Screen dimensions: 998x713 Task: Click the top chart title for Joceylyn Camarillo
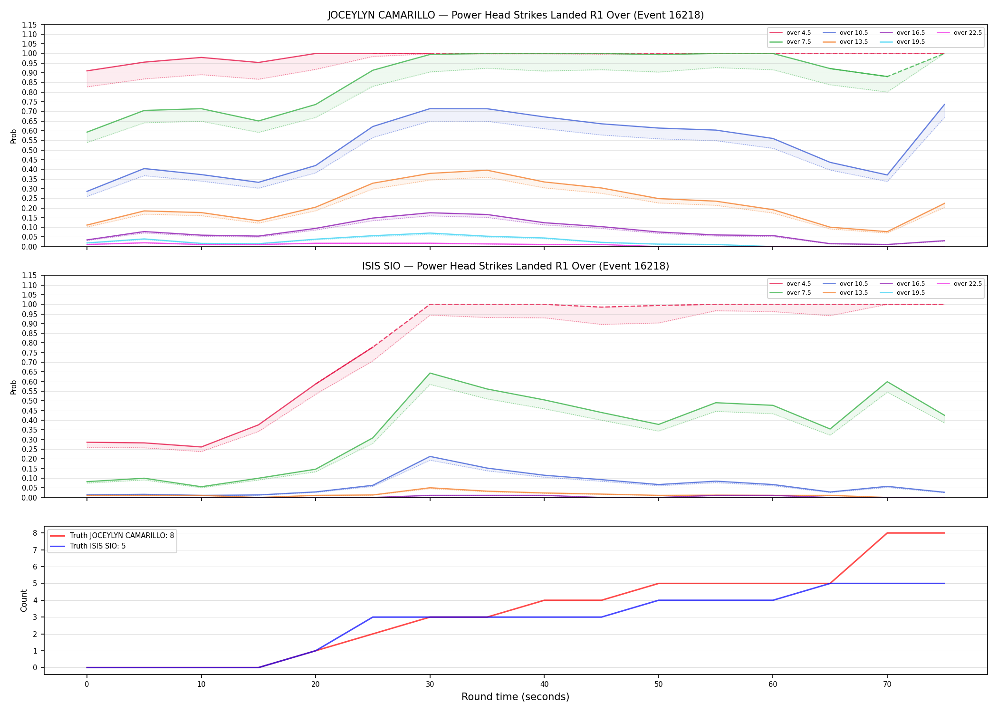pyautogui.click(x=516, y=15)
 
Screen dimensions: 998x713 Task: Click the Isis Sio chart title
pyautogui.click(x=516, y=266)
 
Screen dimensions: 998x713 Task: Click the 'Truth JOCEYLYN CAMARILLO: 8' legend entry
pyautogui.click(x=112, y=536)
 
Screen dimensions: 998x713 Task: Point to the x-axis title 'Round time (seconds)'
pyautogui.click(x=516, y=697)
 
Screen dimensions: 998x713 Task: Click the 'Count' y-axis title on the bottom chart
pyautogui.click(x=24, y=600)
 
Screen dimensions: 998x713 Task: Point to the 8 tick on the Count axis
pyautogui.click(x=35, y=533)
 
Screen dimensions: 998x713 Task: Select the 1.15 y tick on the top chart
pyautogui.click(x=29, y=25)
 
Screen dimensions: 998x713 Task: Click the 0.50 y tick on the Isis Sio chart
pyautogui.click(x=29, y=401)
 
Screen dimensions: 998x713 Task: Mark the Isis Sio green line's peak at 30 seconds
pyautogui.click(x=430, y=373)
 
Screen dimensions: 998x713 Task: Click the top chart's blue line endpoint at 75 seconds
pyautogui.click(x=944, y=105)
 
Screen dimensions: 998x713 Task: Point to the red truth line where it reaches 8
pyautogui.click(x=887, y=533)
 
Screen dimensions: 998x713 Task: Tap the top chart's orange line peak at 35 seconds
pyautogui.click(x=487, y=170)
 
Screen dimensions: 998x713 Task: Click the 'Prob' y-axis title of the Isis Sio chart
pyautogui.click(x=14, y=387)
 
